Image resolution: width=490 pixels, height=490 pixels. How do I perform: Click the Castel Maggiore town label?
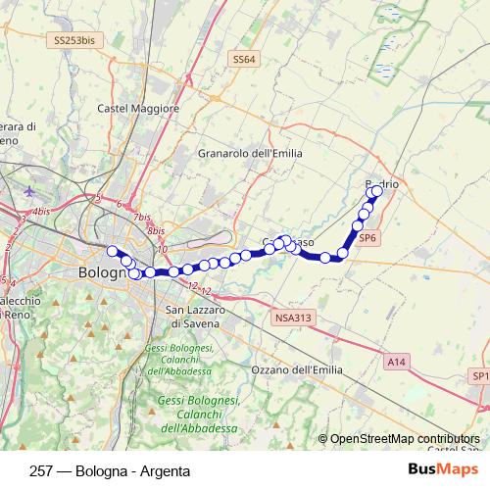tap(139, 108)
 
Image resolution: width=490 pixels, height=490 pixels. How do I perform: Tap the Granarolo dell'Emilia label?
tap(250, 154)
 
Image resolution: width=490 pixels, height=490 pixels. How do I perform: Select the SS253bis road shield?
tap(74, 41)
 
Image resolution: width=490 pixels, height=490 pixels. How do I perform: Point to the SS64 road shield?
tap(244, 60)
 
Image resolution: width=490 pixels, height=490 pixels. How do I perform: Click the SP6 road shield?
tap(367, 237)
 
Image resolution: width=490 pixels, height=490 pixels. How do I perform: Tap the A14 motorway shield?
tap(396, 363)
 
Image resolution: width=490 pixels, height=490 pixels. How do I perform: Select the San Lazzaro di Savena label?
tap(193, 316)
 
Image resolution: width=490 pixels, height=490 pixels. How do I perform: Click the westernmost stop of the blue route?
tap(112, 250)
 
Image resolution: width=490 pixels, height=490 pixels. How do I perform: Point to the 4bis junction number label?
tap(40, 211)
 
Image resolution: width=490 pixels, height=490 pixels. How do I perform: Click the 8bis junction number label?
tap(156, 231)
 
